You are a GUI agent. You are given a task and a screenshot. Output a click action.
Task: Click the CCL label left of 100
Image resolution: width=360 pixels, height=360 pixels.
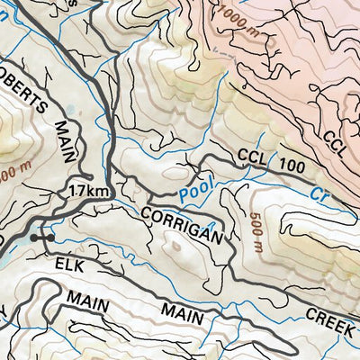click(x=254, y=158)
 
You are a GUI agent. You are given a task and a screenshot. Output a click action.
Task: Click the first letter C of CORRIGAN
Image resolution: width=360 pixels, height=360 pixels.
click(x=145, y=214)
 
